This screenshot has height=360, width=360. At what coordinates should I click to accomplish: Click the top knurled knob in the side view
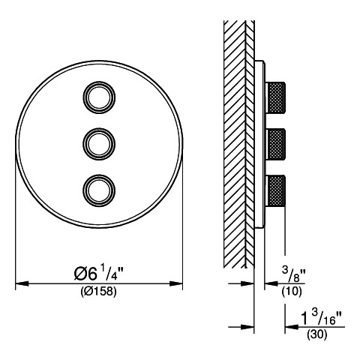275,97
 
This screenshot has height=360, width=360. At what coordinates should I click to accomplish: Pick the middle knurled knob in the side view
275,144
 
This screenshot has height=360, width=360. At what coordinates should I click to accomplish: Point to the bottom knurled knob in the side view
275,190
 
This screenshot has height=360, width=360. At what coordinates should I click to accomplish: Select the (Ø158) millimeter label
99,292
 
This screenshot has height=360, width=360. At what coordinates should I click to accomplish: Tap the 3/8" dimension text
294,274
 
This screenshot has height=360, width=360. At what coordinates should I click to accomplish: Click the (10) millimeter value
292,291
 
